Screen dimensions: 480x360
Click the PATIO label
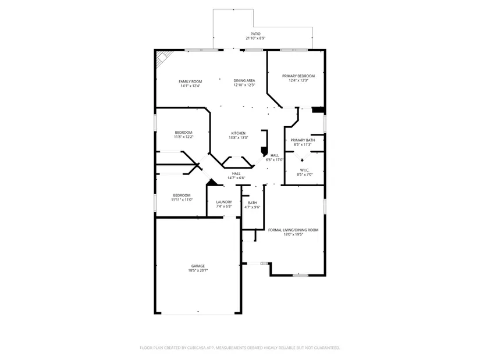[255, 34]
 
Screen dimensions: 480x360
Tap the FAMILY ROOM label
[190, 81]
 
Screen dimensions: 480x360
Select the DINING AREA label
[244, 80]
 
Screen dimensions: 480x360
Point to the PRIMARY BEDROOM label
[298, 76]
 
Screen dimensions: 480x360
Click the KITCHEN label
[238, 133]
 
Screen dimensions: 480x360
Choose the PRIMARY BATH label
[303, 140]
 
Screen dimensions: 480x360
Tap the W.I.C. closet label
[305, 170]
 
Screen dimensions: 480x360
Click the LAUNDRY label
[224, 202]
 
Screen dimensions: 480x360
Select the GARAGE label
[198, 266]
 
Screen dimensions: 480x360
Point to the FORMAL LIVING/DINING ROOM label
[293, 230]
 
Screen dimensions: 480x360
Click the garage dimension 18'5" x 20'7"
[198, 270]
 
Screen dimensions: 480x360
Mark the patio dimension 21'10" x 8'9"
[255, 38]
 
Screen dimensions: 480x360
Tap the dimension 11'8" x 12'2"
[184, 137]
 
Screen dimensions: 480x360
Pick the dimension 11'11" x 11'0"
[182, 200]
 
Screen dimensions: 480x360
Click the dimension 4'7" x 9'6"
[253, 207]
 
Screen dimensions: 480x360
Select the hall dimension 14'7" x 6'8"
[236, 178]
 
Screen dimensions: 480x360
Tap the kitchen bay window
[237, 162]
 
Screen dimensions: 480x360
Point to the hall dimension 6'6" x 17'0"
[275, 160]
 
